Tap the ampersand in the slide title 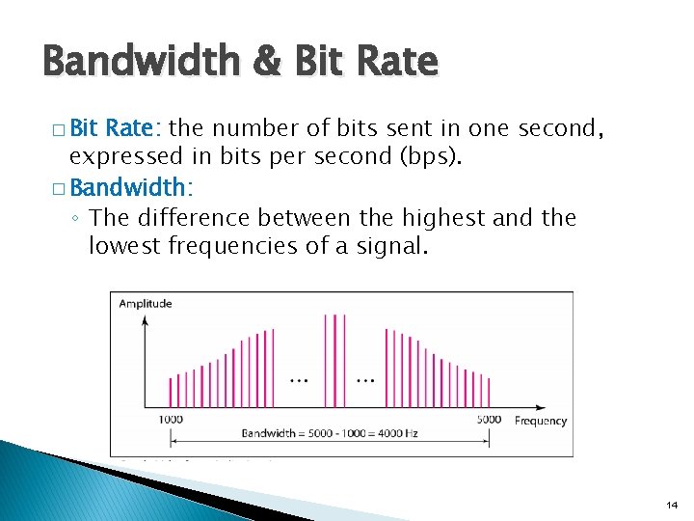[x=259, y=63]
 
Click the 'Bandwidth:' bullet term [x=131, y=185]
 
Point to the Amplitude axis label [x=146, y=304]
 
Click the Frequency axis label [x=541, y=421]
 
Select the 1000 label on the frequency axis [x=172, y=420]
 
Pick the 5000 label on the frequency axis [x=489, y=420]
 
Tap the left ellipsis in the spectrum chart [x=300, y=378]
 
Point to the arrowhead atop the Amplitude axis [x=145, y=319]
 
